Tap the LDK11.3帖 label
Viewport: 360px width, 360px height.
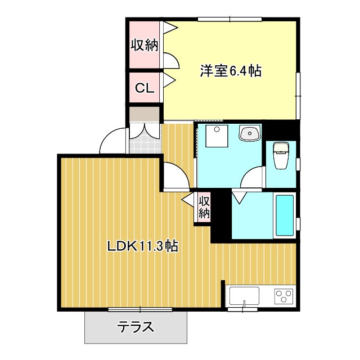point(143,246)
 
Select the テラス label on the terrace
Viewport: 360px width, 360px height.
point(136,327)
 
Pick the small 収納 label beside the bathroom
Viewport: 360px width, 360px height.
point(204,207)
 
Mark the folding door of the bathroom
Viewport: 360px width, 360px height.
point(239,197)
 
